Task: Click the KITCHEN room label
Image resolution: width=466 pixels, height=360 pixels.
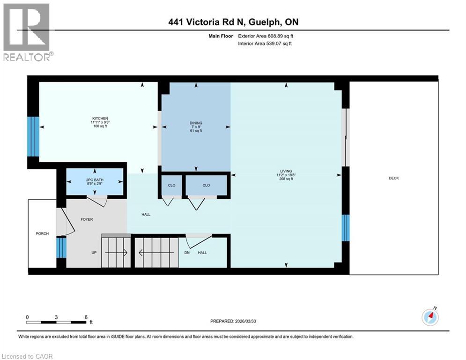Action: pos(100,119)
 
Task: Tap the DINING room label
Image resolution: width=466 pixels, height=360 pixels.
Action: pos(196,123)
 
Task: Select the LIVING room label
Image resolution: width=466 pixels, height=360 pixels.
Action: pos(286,171)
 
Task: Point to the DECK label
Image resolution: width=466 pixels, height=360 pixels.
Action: pos(394,178)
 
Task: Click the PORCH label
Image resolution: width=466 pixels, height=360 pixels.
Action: pos(42,233)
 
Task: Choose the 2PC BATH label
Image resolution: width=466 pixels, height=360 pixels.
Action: pos(95,180)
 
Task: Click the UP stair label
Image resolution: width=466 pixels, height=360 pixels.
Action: pos(95,253)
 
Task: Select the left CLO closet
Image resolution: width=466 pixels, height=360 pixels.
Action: pos(172,185)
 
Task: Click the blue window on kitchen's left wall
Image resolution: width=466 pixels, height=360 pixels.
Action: pos(33,136)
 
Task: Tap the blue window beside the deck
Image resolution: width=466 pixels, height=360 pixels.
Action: pos(346,227)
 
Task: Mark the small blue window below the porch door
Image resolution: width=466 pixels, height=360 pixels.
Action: pos(61,247)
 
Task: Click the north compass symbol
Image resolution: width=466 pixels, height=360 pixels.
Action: pos(429,317)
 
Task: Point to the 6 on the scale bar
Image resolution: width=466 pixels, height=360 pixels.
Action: pos(86,317)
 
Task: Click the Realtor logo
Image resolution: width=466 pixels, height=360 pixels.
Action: pos(27,32)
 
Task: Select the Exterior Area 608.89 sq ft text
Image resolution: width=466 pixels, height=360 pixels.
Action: pos(266,36)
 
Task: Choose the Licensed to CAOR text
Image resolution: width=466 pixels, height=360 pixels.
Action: pos(28,356)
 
